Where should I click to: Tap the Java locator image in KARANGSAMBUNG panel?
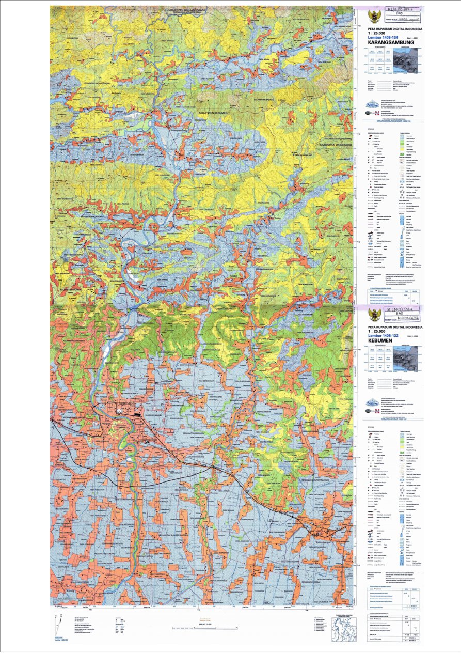point(408,56)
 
